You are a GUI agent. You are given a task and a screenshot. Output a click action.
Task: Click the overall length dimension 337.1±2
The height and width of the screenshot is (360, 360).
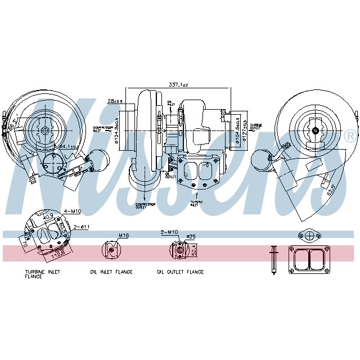point(178,85)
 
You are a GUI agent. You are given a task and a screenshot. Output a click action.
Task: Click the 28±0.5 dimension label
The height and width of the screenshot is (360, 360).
point(115,101)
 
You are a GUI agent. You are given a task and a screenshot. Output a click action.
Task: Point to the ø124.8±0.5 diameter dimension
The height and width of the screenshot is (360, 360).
point(116,130)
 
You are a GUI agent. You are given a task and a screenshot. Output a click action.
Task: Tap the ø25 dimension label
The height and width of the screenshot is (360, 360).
point(191,236)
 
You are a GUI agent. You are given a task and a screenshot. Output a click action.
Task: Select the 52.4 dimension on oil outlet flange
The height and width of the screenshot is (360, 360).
point(194,250)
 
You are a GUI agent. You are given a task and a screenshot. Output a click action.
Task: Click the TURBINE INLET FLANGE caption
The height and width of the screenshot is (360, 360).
point(43,274)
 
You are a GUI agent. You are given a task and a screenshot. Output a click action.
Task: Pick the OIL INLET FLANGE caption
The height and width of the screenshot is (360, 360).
point(111,272)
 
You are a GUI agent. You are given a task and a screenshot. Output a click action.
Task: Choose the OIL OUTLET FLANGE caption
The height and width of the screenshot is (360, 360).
point(180,272)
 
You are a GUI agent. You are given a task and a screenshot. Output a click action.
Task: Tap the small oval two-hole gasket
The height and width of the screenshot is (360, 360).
point(310,235)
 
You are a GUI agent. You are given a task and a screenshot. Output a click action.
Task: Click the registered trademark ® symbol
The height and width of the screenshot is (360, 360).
point(350,136)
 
